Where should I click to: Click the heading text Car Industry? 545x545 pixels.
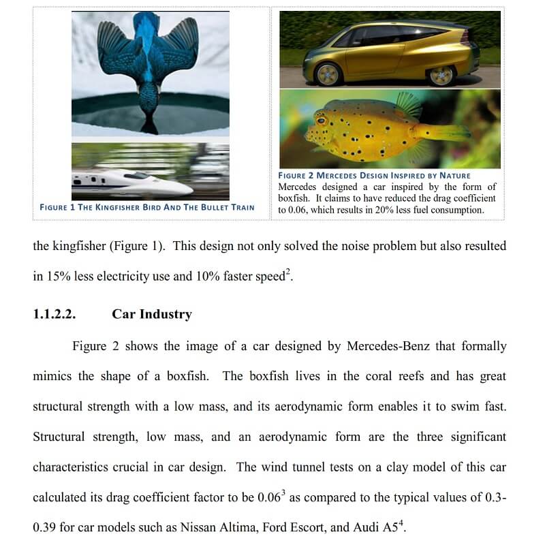pos(152,314)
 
